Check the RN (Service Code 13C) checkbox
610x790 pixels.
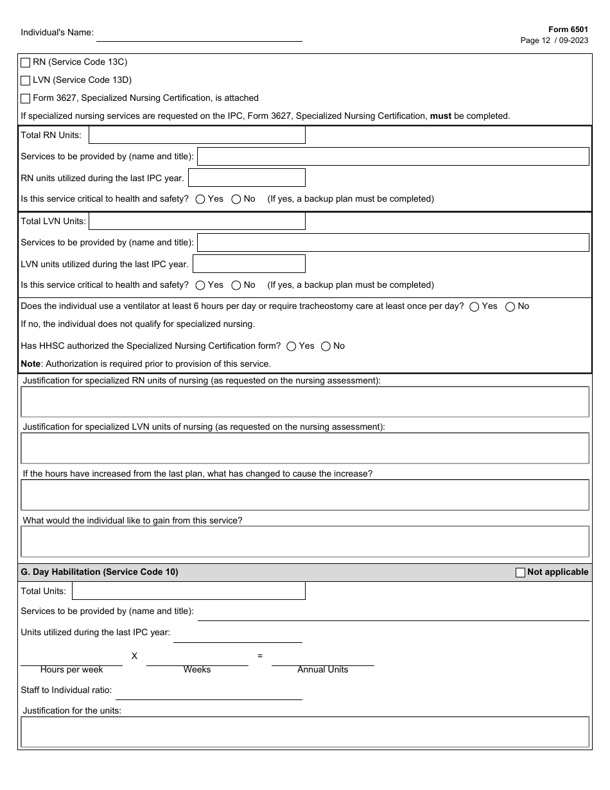click(x=26, y=62)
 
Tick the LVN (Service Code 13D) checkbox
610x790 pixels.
click(x=26, y=80)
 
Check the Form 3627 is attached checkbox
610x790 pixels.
click(x=26, y=98)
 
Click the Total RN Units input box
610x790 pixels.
click(x=196, y=135)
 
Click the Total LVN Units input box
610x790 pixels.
click(x=196, y=221)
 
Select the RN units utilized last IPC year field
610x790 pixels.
click(x=247, y=178)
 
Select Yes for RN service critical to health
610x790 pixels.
click(x=200, y=199)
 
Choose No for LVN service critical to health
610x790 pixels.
click(x=236, y=285)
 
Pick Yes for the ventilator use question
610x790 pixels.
click(x=475, y=306)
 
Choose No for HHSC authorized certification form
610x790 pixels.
click(x=326, y=346)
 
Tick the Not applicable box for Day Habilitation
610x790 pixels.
click(x=521, y=572)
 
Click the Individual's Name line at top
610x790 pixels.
click(x=199, y=35)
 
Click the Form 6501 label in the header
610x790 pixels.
click(x=568, y=30)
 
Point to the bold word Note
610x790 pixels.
click(x=31, y=364)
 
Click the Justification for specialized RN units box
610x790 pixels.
click(x=305, y=402)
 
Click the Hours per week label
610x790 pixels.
click(x=71, y=669)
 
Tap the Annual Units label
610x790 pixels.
click(x=322, y=669)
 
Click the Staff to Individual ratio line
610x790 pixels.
click(x=209, y=693)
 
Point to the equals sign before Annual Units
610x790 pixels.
click(x=260, y=656)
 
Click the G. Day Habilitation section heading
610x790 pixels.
click(x=100, y=572)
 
